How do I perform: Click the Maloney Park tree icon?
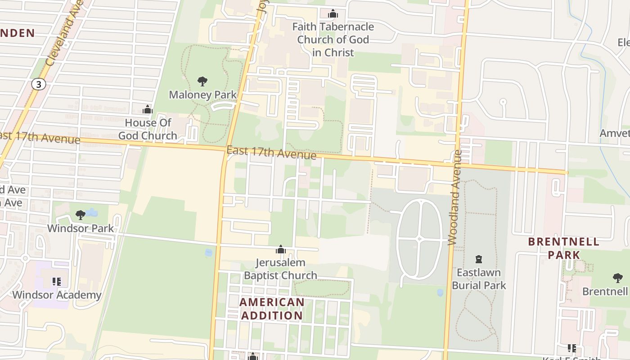pos(202,81)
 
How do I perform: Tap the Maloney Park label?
pos(202,95)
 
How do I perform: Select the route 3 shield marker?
pos(39,84)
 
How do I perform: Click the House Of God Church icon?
pos(148,109)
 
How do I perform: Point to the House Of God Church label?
pos(148,129)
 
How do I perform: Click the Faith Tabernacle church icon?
pos(333,14)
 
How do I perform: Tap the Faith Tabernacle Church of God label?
pos(333,40)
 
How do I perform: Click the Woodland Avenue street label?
pos(456,198)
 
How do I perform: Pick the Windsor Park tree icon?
pos(81,215)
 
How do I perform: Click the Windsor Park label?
pos(81,228)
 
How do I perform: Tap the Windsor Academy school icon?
pos(56,282)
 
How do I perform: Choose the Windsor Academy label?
pos(57,295)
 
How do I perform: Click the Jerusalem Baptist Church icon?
pos(281,249)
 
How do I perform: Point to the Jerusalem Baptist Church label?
pos(280,269)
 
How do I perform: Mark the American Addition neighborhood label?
pos(272,309)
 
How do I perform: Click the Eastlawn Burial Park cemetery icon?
pos(479,259)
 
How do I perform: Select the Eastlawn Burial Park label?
pos(479,279)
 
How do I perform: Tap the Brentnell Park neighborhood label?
pos(563,248)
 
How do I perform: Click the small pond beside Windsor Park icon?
pos(92,211)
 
